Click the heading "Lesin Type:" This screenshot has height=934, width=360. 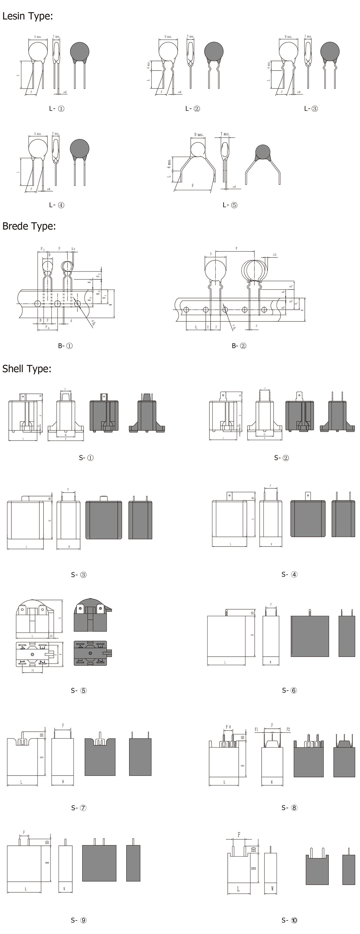[x=28, y=16]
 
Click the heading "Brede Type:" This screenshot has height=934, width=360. [x=29, y=226]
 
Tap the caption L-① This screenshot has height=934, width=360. [x=57, y=108]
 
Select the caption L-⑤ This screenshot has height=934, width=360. [x=229, y=205]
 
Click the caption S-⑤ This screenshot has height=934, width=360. [x=79, y=690]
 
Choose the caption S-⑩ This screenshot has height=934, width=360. [x=289, y=920]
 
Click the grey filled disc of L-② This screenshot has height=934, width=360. [x=214, y=51]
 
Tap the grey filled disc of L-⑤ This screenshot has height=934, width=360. [x=263, y=152]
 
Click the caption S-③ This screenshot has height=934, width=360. [x=79, y=574]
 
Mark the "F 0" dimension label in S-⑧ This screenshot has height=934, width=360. [x=228, y=727]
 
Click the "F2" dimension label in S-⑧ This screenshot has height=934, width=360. [x=288, y=729]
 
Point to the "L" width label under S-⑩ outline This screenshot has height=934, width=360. [x=238, y=889]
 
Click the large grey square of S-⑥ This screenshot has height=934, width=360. [x=310, y=636]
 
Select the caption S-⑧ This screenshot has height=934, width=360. [x=289, y=807]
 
